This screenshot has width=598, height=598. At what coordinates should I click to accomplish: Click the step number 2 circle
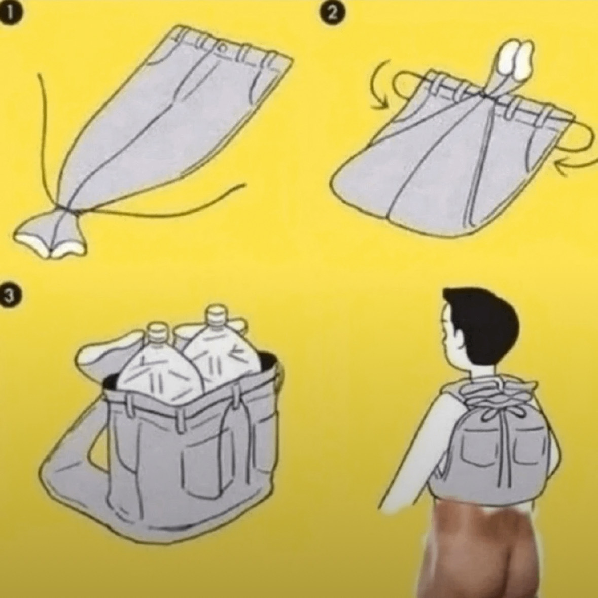click(x=333, y=13)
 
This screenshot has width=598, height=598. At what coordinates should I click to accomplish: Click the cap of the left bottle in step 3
click(x=156, y=332)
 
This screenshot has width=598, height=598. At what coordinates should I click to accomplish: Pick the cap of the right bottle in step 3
click(x=216, y=315)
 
